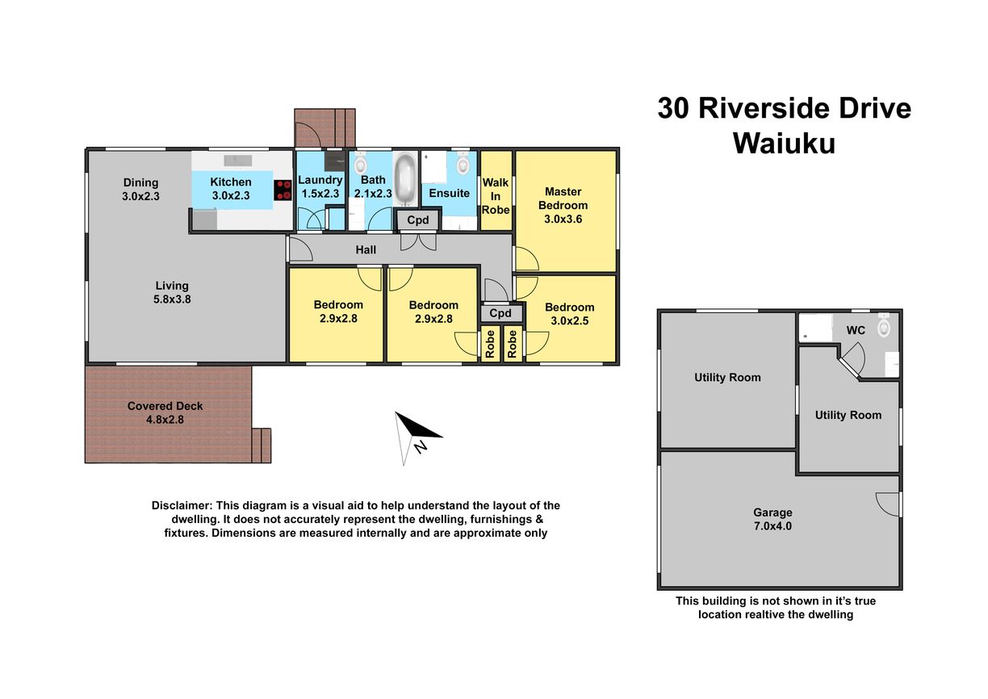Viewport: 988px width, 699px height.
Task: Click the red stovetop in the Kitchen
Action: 283,190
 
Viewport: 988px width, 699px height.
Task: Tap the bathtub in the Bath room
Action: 405,178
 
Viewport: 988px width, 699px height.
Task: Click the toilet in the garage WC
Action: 883,325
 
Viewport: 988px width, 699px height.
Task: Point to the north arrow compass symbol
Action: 415,437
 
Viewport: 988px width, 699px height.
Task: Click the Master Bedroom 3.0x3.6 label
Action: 563,205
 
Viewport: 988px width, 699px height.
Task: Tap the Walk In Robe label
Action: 496,196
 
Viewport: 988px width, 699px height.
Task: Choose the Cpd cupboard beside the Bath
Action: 417,220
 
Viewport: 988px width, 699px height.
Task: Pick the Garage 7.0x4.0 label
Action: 772,519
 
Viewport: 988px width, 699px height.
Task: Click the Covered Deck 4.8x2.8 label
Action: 165,412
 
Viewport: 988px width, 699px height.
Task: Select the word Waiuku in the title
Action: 784,143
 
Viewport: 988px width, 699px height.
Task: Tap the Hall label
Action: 366,249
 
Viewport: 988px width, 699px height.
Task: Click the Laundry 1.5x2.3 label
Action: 320,186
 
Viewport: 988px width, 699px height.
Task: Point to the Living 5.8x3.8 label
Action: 172,292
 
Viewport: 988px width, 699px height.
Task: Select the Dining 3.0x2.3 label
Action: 140,189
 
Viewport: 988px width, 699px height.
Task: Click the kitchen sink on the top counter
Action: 238,160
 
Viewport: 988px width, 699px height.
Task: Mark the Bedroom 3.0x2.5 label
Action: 569,313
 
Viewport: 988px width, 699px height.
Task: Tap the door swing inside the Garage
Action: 887,504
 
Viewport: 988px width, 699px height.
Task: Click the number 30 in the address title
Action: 672,108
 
